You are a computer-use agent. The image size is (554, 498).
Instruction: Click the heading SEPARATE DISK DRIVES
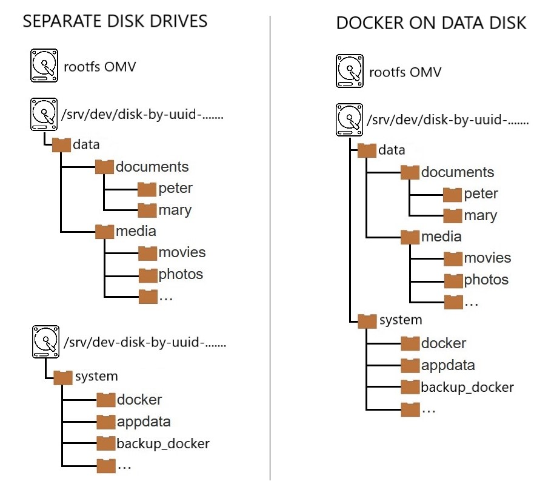click(x=115, y=21)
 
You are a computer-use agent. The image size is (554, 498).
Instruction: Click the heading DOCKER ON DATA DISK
click(x=431, y=24)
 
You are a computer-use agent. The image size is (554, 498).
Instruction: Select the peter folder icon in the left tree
click(x=147, y=189)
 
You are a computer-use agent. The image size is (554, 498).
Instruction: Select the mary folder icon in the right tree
click(x=453, y=216)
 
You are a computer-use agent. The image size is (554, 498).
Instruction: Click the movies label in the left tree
click(x=182, y=252)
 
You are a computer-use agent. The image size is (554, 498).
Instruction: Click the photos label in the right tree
click(x=486, y=280)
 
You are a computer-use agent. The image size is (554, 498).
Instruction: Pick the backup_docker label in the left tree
click(x=163, y=443)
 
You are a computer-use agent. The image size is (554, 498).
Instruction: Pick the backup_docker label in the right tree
click(x=467, y=387)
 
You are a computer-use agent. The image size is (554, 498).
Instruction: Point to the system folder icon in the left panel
click(x=63, y=377)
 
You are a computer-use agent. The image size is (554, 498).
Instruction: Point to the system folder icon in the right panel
click(x=367, y=320)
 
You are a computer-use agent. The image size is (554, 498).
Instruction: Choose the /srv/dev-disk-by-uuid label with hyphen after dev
click(x=144, y=343)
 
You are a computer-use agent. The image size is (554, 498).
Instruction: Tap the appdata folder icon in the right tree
click(x=410, y=365)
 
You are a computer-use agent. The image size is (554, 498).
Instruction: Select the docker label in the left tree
click(x=139, y=400)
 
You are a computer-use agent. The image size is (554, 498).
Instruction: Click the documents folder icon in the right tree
click(x=410, y=172)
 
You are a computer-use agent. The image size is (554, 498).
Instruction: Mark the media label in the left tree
click(x=136, y=230)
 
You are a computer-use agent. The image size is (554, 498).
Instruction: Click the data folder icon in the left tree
click(x=62, y=144)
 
